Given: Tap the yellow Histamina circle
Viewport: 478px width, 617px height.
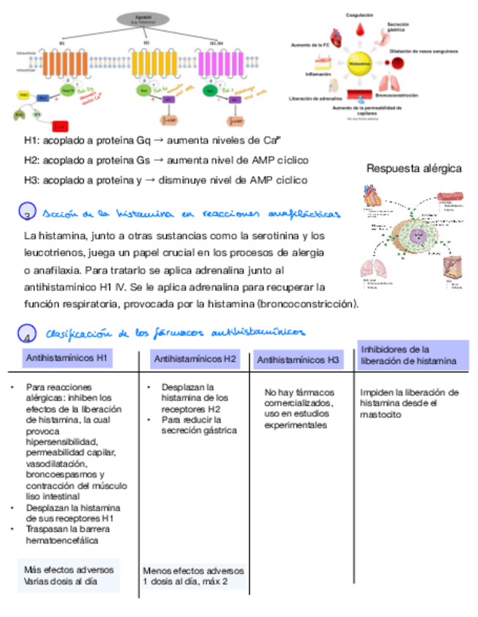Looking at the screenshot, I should pos(358,64).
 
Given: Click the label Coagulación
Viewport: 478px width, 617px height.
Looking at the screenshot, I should pos(359,15).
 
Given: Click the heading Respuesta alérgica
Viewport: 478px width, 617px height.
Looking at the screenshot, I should pos(413,169).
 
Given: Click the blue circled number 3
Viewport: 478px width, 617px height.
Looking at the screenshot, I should pos(26,213).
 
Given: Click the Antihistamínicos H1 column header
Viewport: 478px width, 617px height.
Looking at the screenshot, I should pos(67,358).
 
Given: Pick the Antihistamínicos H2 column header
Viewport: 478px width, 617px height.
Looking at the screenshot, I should pos(195,359).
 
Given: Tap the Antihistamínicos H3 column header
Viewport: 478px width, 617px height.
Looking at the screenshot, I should pos(299,359).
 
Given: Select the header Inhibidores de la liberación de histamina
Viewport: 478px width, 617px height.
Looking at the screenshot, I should pos(409,355).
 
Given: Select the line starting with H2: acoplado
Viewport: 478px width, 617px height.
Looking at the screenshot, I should pos(166,160).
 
